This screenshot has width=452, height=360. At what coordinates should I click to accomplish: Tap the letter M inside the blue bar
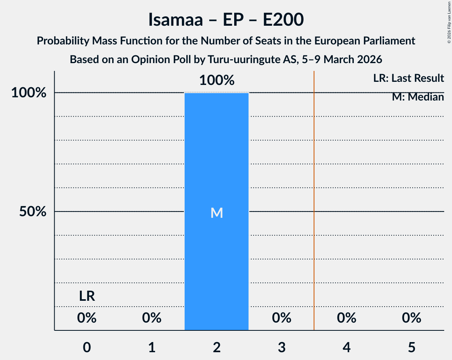click(217, 213)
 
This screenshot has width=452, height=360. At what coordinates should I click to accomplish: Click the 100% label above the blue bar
click(217, 81)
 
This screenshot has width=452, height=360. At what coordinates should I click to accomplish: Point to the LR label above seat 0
click(87, 296)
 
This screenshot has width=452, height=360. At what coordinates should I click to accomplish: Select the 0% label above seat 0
click(87, 318)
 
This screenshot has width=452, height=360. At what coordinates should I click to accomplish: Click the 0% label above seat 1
click(152, 318)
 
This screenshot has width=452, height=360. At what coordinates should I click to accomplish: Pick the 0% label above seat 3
click(282, 318)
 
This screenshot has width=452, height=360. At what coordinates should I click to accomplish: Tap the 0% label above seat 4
click(347, 318)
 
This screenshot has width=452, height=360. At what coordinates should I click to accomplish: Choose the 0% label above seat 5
click(412, 318)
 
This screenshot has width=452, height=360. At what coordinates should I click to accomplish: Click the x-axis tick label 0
click(87, 347)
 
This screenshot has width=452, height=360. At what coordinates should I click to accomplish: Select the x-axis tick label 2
click(217, 347)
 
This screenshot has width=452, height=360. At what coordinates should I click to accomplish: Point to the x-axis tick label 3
click(282, 347)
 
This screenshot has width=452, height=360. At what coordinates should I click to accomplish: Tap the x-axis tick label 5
click(412, 347)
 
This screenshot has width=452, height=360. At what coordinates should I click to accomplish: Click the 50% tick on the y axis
click(33, 212)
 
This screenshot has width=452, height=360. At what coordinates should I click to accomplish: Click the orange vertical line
click(314, 195)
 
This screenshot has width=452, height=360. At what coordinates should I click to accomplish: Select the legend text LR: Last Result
click(408, 78)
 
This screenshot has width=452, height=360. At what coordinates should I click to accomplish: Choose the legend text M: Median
click(418, 97)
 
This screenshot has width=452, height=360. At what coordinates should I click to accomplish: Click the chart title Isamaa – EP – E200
click(226, 20)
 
